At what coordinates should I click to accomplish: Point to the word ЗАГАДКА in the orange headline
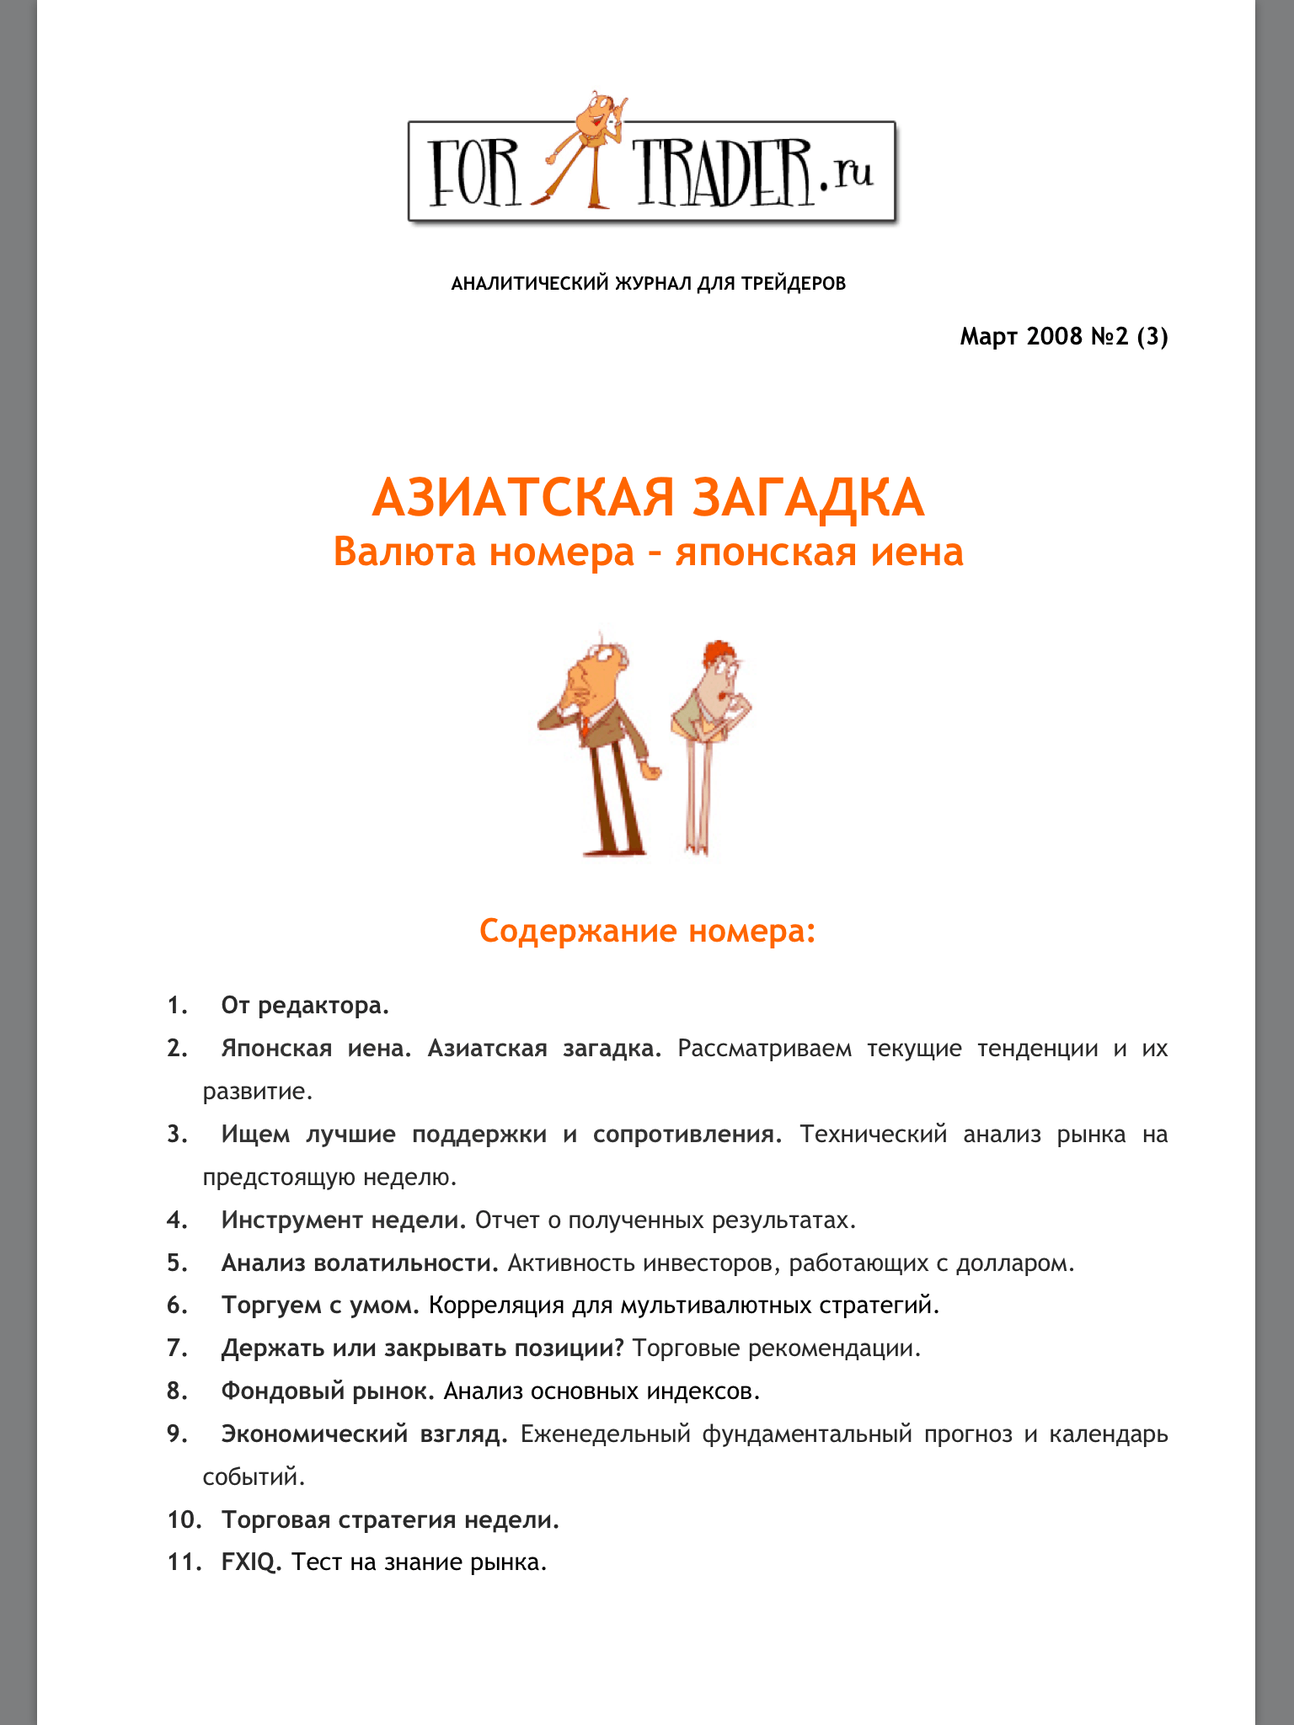[x=808, y=498]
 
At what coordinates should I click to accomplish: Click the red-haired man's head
[x=718, y=665]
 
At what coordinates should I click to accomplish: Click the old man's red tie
[x=584, y=725]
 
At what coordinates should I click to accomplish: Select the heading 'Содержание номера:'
[x=647, y=932]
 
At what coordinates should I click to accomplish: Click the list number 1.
[x=177, y=1006]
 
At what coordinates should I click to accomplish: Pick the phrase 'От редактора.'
[x=305, y=1006]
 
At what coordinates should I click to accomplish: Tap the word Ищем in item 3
[x=254, y=1135]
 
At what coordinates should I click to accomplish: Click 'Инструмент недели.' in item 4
[x=343, y=1220]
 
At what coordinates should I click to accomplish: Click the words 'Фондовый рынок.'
[x=328, y=1391]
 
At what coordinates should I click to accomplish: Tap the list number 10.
[x=184, y=1520]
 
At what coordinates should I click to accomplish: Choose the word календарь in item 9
[x=1108, y=1434]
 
